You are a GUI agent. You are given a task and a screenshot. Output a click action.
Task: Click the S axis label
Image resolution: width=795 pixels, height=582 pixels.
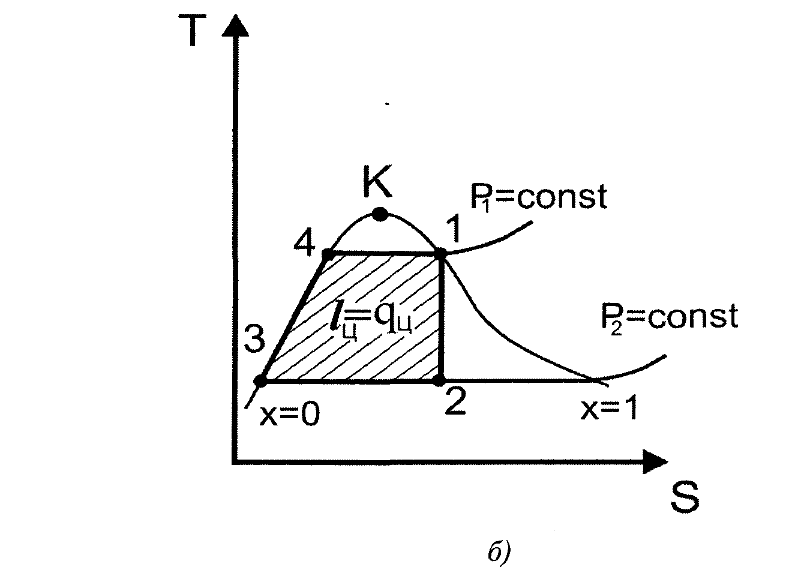685,497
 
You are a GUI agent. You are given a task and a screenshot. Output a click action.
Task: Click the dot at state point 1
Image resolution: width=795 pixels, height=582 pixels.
441,254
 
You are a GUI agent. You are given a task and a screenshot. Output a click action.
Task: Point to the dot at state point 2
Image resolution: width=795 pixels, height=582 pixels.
440,380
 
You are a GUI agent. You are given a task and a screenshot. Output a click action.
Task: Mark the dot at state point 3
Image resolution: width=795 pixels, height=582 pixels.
260,380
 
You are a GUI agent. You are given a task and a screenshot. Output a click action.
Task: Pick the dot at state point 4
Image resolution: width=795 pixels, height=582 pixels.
328,254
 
